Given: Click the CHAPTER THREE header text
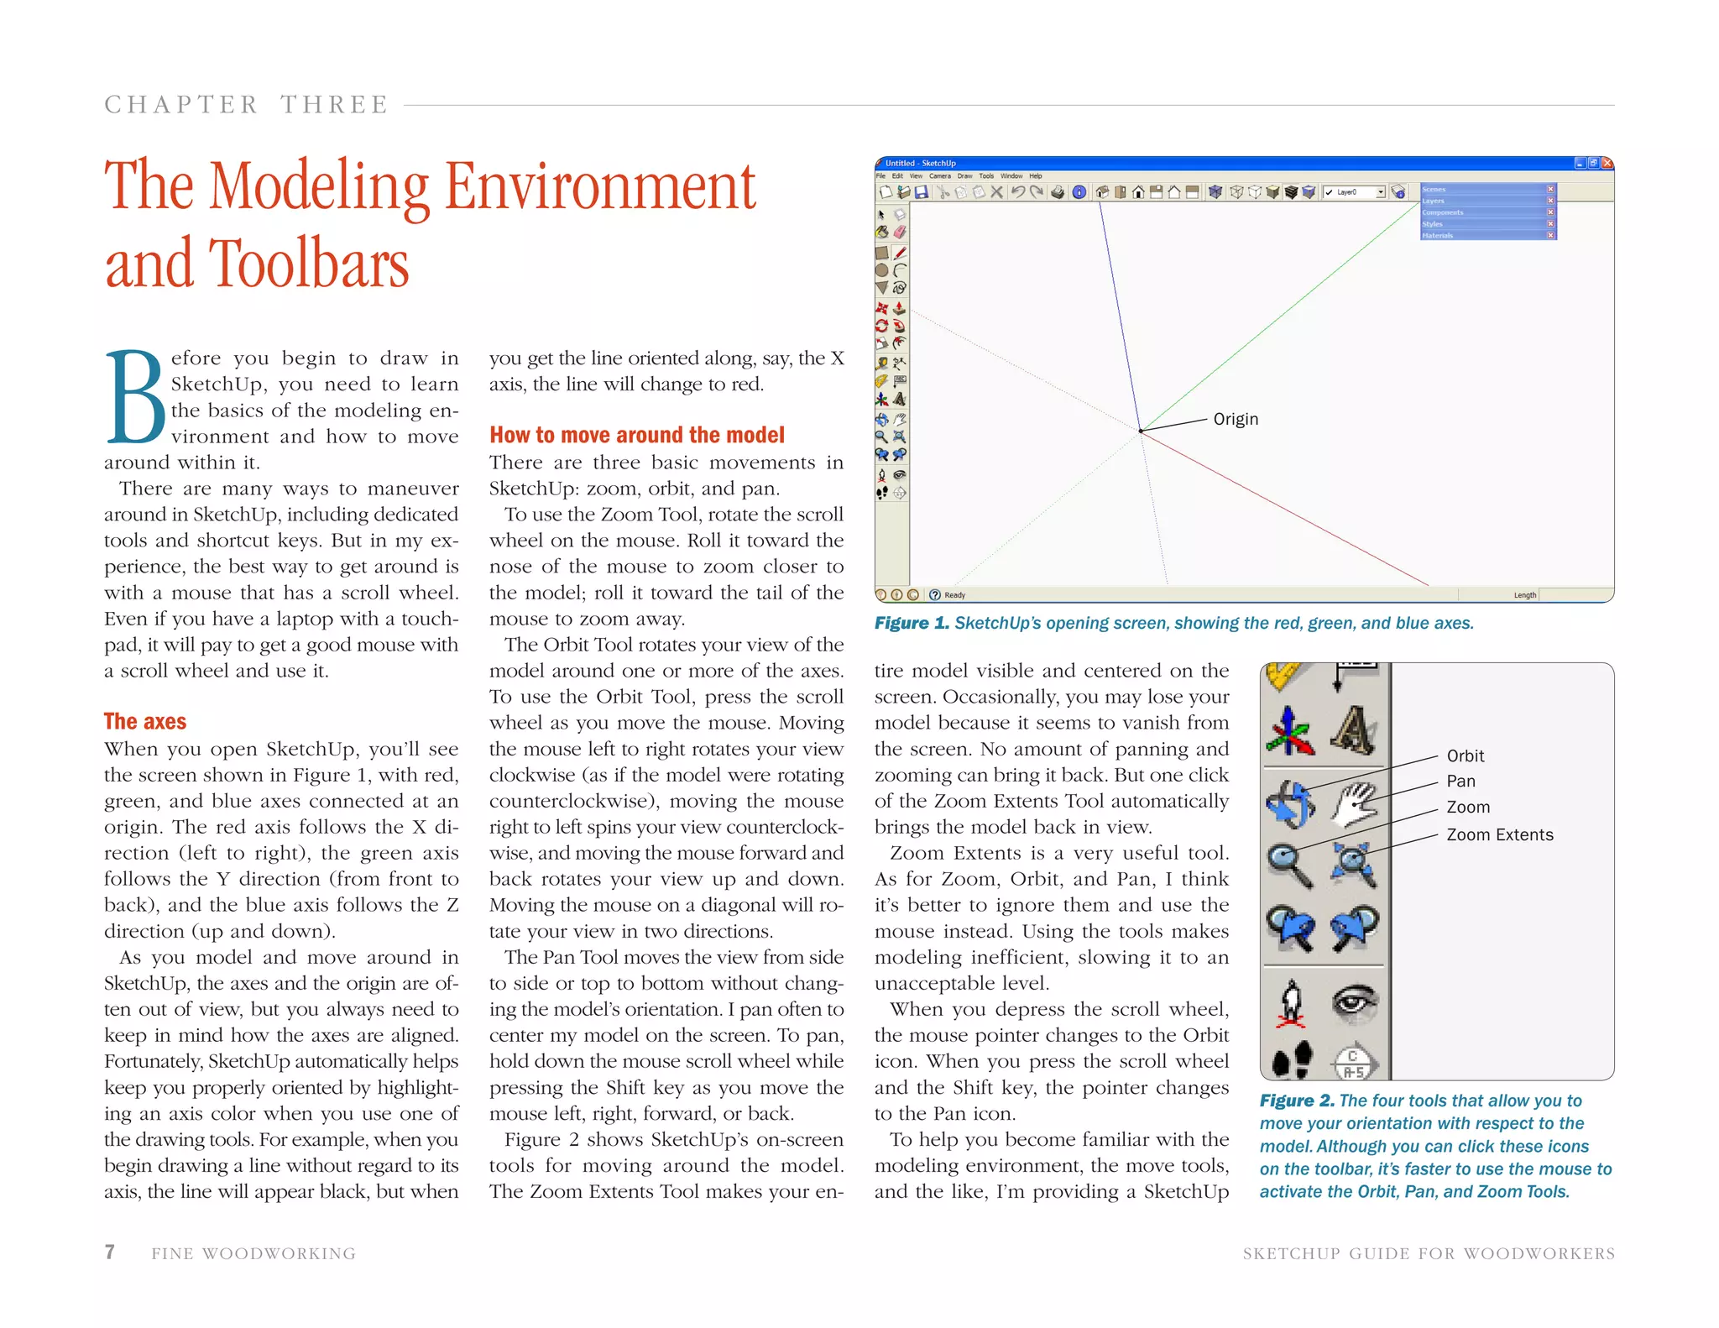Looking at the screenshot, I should click(x=246, y=105).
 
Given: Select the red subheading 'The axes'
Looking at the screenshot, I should click(x=145, y=721).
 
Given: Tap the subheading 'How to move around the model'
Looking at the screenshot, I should click(x=637, y=435).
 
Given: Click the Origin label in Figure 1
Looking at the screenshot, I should click(x=1236, y=419).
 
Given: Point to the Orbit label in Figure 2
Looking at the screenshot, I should click(x=1466, y=755).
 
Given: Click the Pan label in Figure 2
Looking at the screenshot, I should click(x=1460, y=782).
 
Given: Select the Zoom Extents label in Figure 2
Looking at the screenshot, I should click(x=1499, y=834).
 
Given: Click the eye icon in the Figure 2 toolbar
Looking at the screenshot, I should click(x=1355, y=1003).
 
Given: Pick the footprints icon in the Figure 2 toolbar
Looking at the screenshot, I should click(x=1292, y=1060).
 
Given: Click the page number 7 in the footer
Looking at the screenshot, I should click(x=109, y=1252).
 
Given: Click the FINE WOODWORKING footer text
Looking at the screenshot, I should click(x=253, y=1253).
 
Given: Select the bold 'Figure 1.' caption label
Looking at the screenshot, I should click(x=912, y=623).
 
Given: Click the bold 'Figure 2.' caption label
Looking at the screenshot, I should click(x=1297, y=1101).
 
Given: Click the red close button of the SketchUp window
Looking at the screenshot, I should click(x=1607, y=163).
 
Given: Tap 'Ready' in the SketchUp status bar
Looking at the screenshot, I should click(x=954, y=595).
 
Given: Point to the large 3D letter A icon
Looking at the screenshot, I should click(x=1352, y=729).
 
